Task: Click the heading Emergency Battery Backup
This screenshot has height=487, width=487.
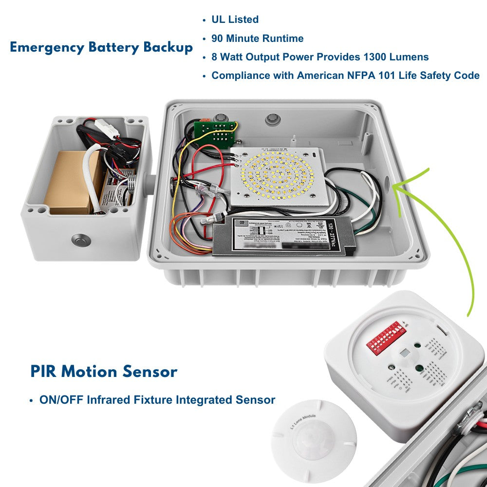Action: coord(101,48)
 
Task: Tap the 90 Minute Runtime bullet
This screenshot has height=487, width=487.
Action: coord(257,38)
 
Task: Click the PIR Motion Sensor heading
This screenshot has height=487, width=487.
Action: coord(104,372)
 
